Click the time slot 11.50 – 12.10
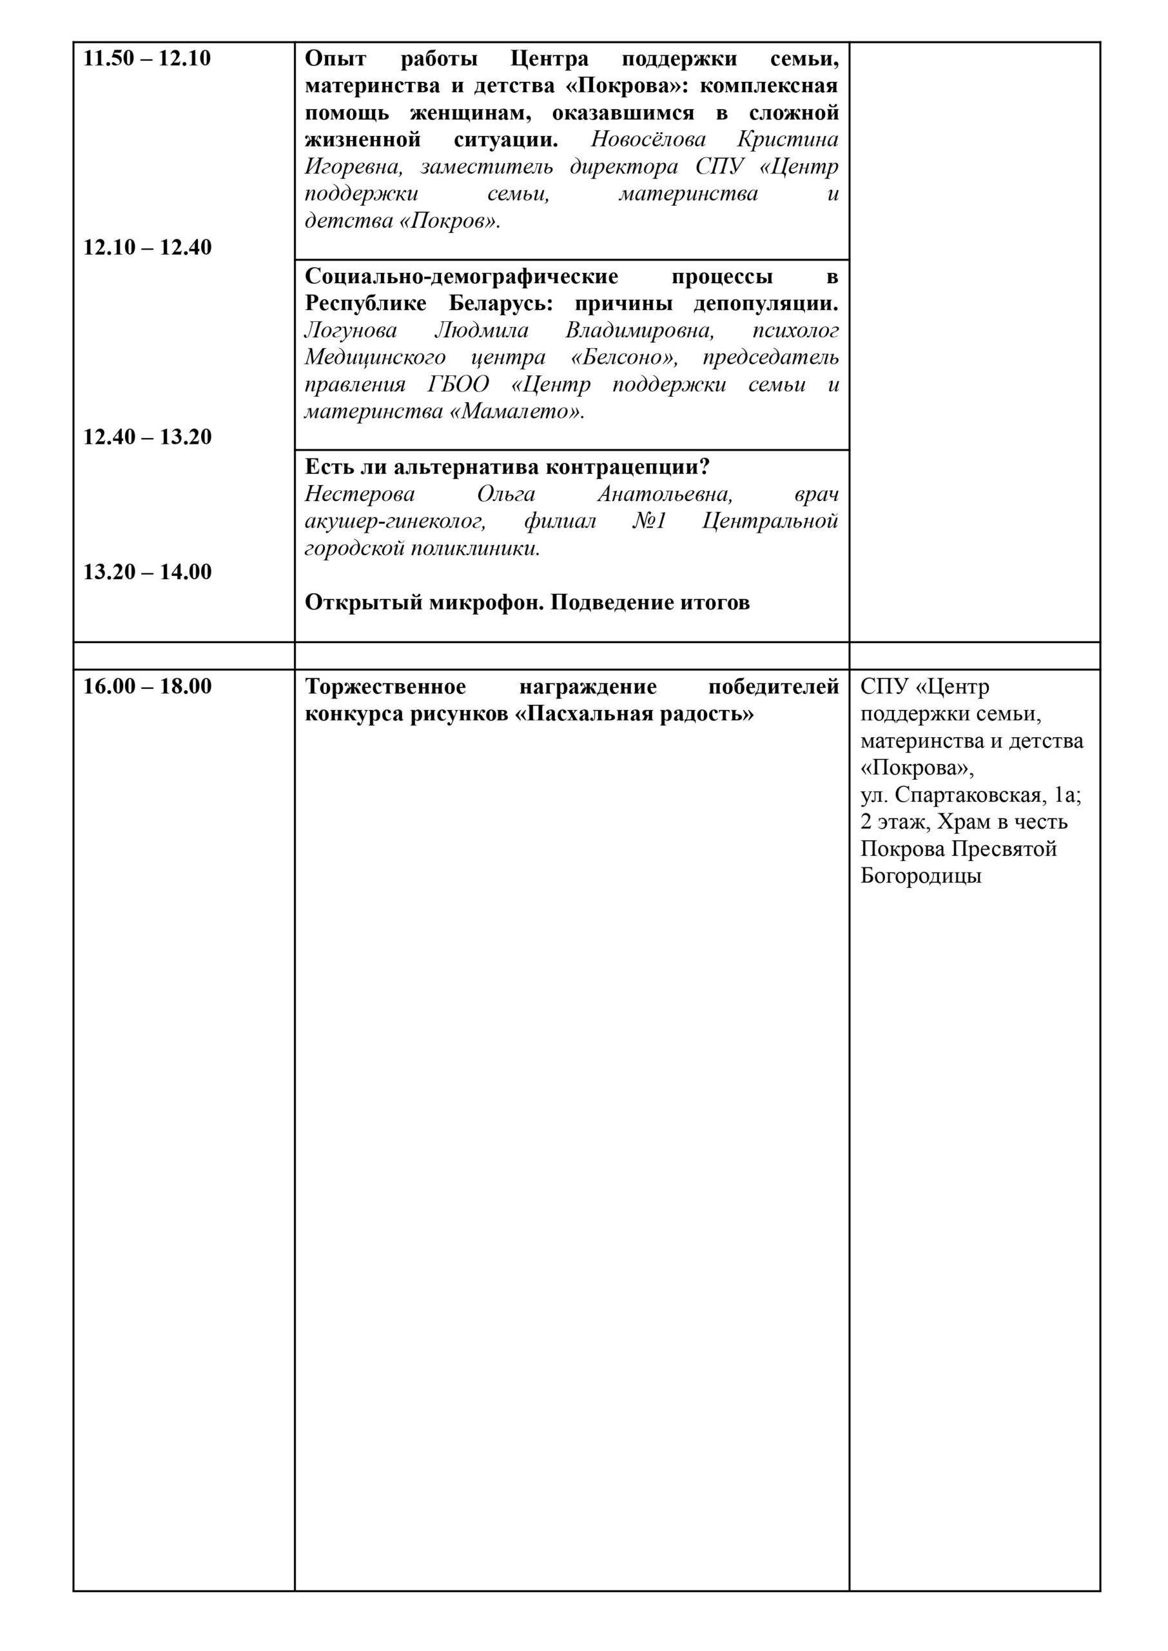click(148, 58)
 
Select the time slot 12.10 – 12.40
click(148, 248)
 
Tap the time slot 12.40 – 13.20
click(148, 437)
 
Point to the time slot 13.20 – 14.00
click(148, 572)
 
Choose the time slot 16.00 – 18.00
click(148, 686)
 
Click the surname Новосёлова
click(648, 139)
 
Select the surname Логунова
click(350, 330)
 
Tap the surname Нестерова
click(360, 494)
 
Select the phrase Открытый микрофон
click(424, 602)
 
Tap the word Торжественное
click(385, 686)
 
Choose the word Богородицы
click(920, 876)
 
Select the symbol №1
click(650, 522)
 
